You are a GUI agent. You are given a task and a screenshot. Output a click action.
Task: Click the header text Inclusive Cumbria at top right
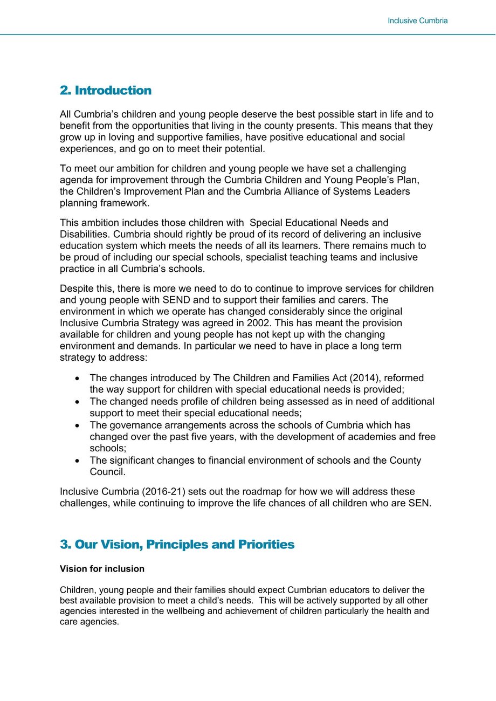click(x=417, y=20)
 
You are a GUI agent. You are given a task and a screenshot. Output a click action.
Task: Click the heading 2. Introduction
click(x=106, y=91)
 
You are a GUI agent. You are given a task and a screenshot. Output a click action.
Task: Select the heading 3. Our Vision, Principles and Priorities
click(x=177, y=545)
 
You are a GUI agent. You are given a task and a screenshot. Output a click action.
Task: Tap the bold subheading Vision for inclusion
click(x=102, y=569)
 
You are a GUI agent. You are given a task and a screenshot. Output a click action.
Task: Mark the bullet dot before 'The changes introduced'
click(x=78, y=379)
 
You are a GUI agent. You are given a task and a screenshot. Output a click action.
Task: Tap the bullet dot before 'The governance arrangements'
click(x=78, y=426)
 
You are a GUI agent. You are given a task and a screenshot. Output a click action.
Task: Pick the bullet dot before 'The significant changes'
click(x=78, y=461)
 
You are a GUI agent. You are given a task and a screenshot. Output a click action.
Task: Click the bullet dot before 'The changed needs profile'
click(x=78, y=402)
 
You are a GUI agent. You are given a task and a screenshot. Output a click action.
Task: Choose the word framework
click(x=125, y=203)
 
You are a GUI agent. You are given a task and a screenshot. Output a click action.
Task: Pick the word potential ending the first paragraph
click(x=242, y=149)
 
